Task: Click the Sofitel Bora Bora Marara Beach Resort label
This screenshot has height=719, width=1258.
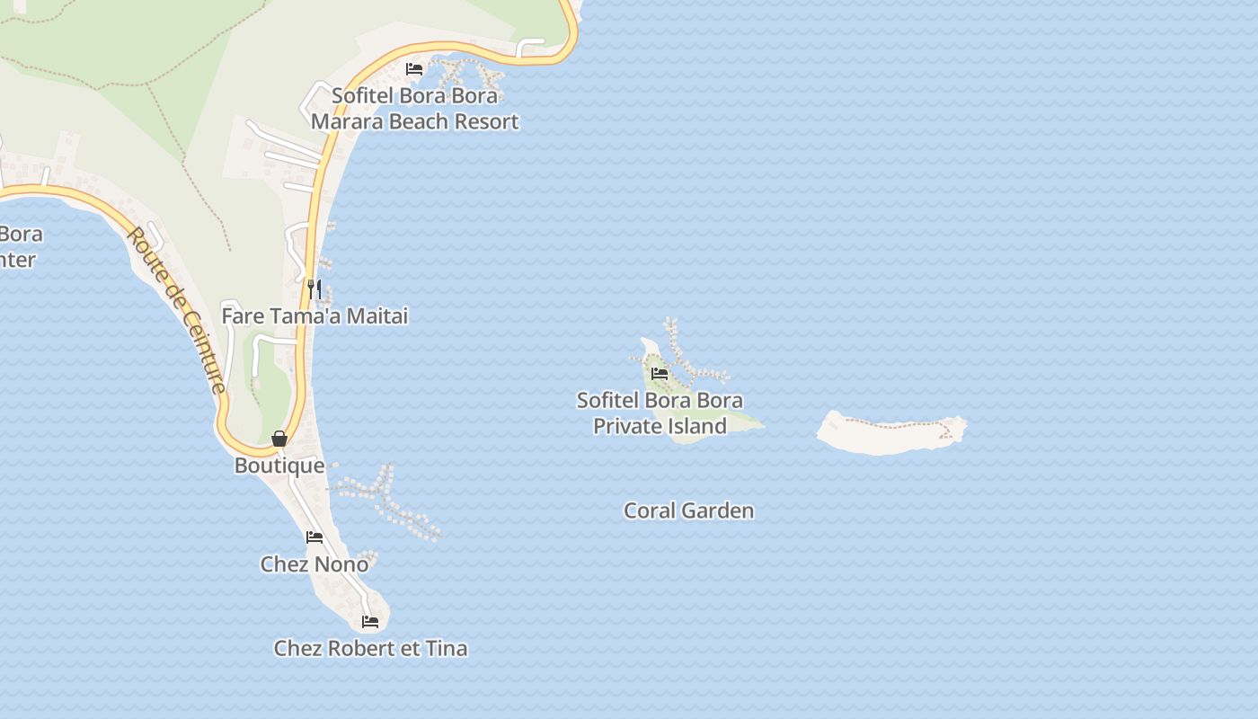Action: tap(414, 108)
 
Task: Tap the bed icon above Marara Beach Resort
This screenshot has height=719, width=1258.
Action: tap(414, 68)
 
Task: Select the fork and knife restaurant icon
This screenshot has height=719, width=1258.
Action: tap(314, 288)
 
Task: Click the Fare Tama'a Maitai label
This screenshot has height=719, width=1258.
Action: tap(314, 316)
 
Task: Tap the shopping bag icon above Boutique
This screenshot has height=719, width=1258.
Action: tap(279, 439)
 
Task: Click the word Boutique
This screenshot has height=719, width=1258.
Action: tap(279, 466)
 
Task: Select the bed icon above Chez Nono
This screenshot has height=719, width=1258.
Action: tap(314, 537)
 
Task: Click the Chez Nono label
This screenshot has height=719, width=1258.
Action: tap(314, 564)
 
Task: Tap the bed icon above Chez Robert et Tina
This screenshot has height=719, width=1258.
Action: tap(370, 621)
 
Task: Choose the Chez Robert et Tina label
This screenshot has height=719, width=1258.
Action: tap(370, 648)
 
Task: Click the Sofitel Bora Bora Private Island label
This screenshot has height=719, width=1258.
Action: tap(660, 413)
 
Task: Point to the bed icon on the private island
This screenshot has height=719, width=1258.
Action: tap(660, 374)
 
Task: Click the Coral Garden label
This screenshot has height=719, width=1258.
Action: tap(689, 510)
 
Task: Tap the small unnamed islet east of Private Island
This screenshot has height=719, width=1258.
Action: tap(890, 433)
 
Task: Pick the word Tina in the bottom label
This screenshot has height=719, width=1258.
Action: tap(446, 648)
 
